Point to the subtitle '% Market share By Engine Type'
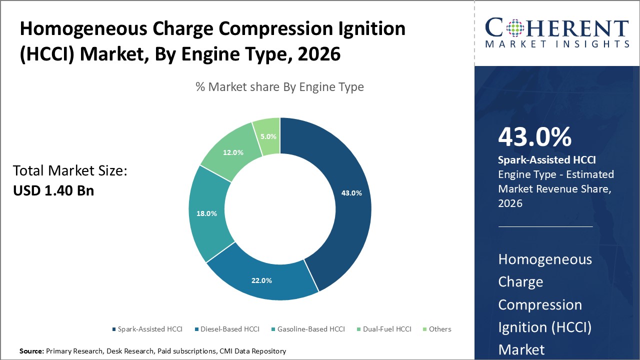[x=279, y=87]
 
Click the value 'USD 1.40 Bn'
[x=53, y=190]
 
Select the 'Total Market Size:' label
[x=70, y=171]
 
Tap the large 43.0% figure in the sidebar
[x=534, y=137]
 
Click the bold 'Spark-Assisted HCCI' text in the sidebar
[x=547, y=160]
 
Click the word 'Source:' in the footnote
[x=31, y=351]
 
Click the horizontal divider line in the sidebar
[x=545, y=226]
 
